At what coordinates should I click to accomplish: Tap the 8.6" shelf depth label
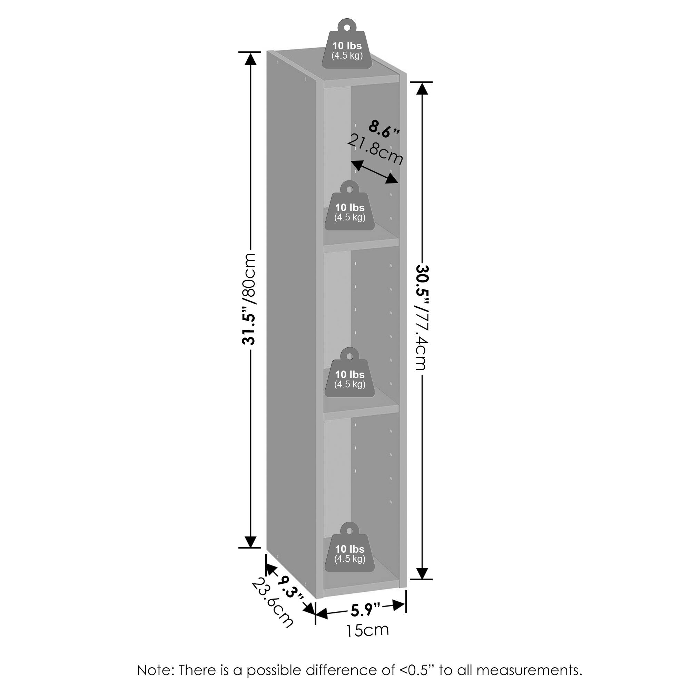click(384, 129)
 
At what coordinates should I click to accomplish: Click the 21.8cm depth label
click(375, 150)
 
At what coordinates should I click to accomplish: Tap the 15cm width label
click(367, 630)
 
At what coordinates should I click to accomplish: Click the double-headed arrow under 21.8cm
click(374, 172)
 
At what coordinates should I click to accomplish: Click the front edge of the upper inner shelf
click(361, 242)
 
